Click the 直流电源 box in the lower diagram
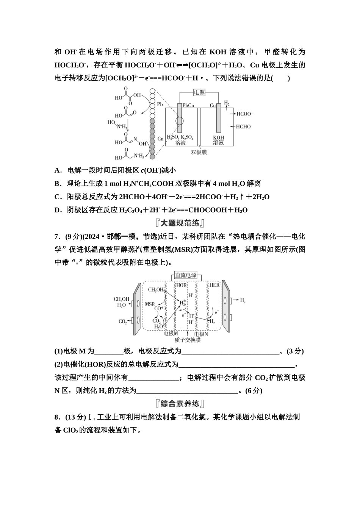186,275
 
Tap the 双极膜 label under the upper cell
199,152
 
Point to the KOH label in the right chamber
218,137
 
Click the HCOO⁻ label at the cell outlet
244,114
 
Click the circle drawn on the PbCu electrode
179,122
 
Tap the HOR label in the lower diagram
182,285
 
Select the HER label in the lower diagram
214,285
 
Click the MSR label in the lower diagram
150,304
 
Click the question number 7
57,237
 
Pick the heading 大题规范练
180,223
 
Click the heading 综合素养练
180,403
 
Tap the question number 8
57,417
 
